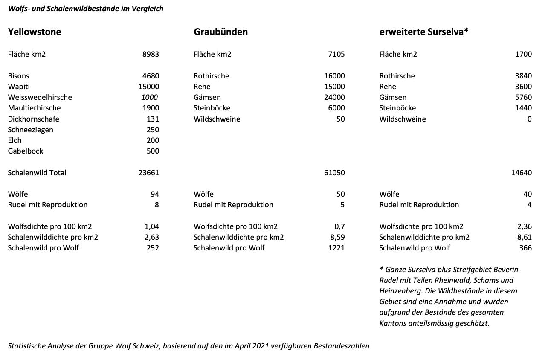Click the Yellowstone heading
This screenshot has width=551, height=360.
pos(35,32)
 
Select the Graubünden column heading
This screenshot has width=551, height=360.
pos(220,32)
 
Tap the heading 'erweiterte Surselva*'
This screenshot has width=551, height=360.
pos(424,32)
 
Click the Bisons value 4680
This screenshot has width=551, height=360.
pos(151,76)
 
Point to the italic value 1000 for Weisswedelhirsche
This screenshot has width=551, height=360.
pos(149,97)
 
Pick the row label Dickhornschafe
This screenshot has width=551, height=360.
pos(33,119)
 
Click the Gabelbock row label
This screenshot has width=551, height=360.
pos(26,151)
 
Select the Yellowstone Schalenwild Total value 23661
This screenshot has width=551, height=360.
pos(148,173)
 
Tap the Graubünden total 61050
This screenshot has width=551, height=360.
pos(334,173)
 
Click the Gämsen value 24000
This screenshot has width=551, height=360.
pos(334,97)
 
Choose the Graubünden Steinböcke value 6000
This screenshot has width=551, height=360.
pos(336,108)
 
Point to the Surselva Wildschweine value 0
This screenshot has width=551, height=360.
pos(529,119)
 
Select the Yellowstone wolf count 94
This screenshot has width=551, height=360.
pos(155,194)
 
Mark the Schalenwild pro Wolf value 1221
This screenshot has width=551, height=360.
pos(336,248)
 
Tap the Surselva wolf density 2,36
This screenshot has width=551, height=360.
pos(524,226)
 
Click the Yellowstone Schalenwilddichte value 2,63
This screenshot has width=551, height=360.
pos(152,237)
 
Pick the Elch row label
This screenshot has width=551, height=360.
pos(14,140)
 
